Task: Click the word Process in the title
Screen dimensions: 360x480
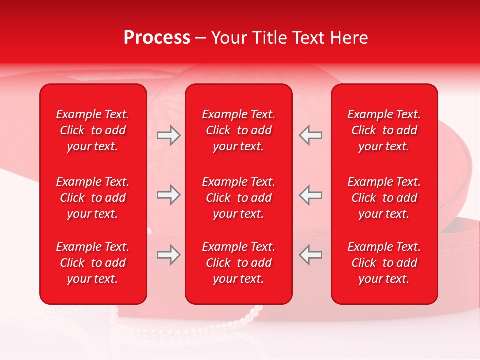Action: coord(157,38)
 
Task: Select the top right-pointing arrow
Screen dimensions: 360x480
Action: coord(168,135)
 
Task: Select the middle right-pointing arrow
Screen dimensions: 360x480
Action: coord(168,195)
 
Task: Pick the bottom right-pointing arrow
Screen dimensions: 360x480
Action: coord(168,255)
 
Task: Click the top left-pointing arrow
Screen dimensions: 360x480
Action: coord(311,135)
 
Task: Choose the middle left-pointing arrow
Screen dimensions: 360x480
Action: coord(311,195)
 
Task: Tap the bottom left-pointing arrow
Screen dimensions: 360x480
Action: coord(311,255)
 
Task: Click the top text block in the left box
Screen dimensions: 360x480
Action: coord(93,130)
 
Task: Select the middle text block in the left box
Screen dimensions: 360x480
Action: coord(93,198)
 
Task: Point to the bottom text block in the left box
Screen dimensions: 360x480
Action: coord(93,263)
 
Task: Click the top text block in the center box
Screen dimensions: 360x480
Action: coord(238,130)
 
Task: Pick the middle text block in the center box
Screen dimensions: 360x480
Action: coord(238,198)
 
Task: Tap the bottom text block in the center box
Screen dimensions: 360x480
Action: coord(238,263)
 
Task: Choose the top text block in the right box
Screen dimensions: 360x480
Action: coord(384,130)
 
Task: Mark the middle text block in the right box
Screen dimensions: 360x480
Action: coord(384,198)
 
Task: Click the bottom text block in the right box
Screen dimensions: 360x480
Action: coord(384,263)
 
